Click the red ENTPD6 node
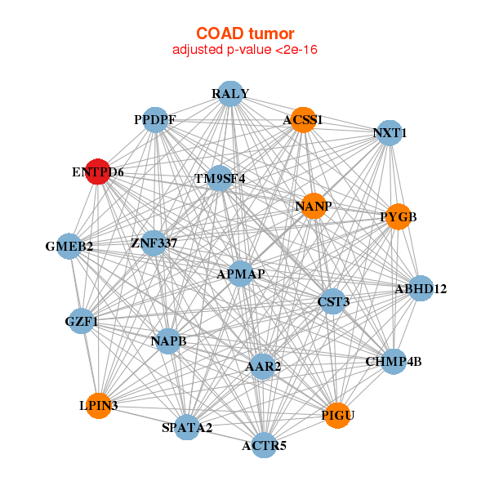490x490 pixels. (x=98, y=171)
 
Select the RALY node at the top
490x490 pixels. (x=230, y=94)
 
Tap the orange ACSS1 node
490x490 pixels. (x=303, y=120)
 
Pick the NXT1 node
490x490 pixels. (x=390, y=133)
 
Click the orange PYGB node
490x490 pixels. (x=399, y=216)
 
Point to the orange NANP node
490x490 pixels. (x=314, y=206)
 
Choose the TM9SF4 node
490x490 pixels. (x=220, y=178)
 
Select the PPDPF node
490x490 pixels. (x=155, y=120)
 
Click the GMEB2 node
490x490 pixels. (x=69, y=246)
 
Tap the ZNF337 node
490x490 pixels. (x=154, y=243)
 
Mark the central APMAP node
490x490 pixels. (x=240, y=274)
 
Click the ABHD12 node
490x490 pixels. (x=421, y=288)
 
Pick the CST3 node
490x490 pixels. (x=333, y=301)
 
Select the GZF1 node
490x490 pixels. (x=82, y=321)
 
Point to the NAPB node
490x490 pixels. (x=168, y=341)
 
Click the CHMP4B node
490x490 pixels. (x=394, y=362)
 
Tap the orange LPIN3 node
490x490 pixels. (x=99, y=406)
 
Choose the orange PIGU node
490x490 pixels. (x=337, y=416)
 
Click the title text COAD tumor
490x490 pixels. (x=245, y=33)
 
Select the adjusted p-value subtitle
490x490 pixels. (x=245, y=50)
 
